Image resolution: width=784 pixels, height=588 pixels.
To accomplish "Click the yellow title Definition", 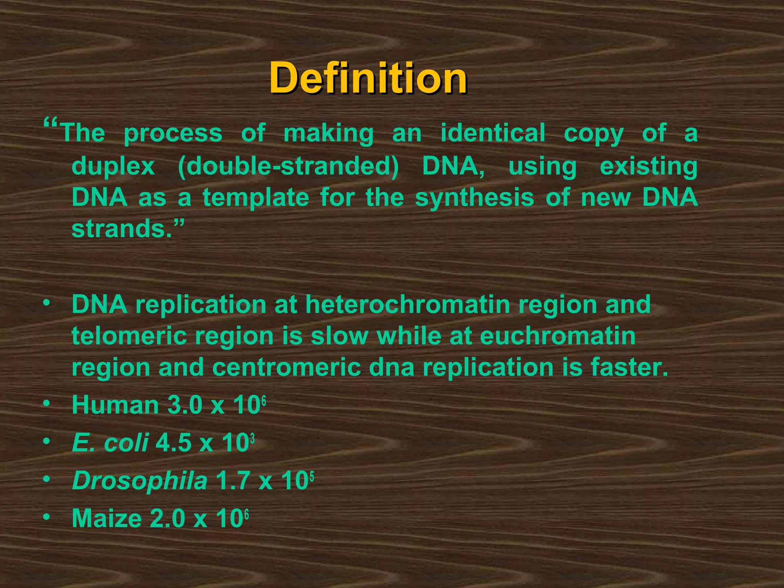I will tap(368, 78).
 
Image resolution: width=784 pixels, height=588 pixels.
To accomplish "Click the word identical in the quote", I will tap(493, 133).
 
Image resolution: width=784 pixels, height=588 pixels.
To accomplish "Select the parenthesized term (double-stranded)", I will tap(288, 166).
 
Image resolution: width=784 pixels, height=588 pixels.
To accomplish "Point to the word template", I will tap(256, 198).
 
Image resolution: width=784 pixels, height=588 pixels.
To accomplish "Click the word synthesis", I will tap(474, 198).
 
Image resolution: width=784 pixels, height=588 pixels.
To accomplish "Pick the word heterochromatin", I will tap(408, 304).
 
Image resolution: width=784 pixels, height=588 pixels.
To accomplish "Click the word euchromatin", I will tap(557, 336).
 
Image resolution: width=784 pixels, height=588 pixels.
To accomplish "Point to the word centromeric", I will tap(286, 367).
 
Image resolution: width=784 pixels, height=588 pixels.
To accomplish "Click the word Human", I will tap(115, 405).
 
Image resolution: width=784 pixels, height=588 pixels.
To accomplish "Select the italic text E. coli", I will tap(110, 443).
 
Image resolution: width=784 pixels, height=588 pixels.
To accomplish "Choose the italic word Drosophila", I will tap(140, 480).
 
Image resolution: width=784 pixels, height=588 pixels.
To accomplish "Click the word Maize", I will tap(107, 518).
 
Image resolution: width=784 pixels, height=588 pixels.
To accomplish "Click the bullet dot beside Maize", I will tap(46, 517).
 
